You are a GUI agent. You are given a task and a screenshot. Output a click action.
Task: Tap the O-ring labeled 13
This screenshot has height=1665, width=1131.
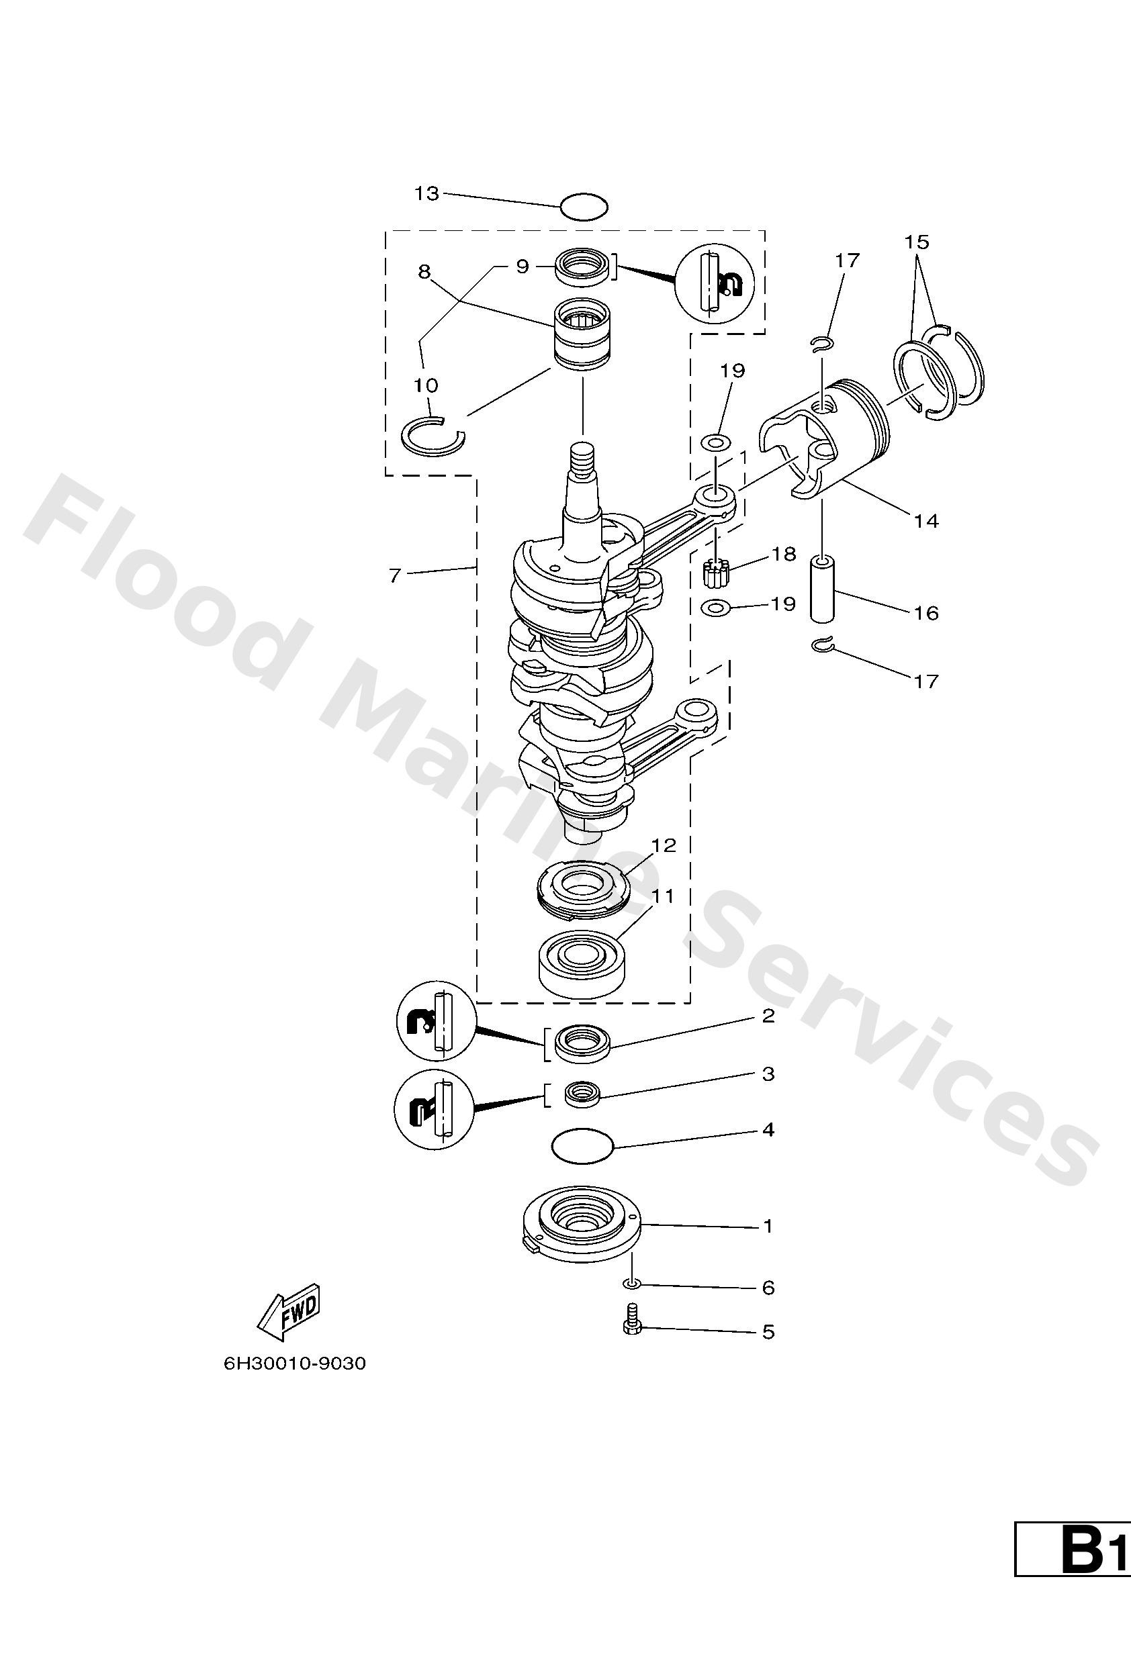[x=584, y=207]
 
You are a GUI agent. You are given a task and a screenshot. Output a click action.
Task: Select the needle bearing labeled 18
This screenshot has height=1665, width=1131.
[x=715, y=574]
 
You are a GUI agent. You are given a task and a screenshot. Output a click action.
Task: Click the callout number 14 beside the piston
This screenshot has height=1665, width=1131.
[x=926, y=521]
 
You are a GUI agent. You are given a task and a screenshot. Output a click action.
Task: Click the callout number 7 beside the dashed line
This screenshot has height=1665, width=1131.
[x=394, y=575]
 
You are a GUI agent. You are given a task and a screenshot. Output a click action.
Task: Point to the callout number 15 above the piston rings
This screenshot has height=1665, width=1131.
[x=916, y=242]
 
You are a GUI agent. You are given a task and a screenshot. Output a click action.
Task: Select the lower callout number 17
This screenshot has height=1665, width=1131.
[x=926, y=681]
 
